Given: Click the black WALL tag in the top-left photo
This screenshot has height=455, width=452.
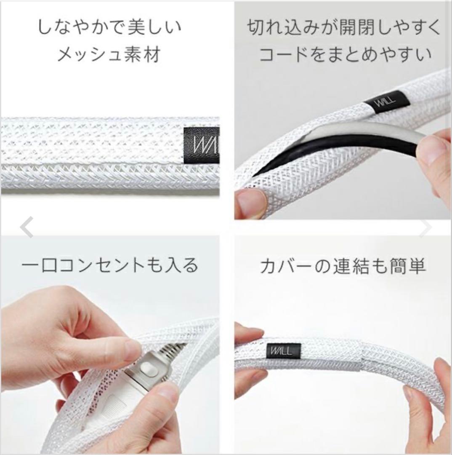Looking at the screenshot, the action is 202,146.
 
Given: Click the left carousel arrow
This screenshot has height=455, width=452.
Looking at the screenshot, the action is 27,227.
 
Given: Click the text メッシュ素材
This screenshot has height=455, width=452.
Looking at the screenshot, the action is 109,54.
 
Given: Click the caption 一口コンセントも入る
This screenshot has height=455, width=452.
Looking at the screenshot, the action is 110,265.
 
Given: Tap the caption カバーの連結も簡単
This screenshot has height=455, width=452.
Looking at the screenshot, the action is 343,266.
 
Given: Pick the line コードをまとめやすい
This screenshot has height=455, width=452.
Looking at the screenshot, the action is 346,54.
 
